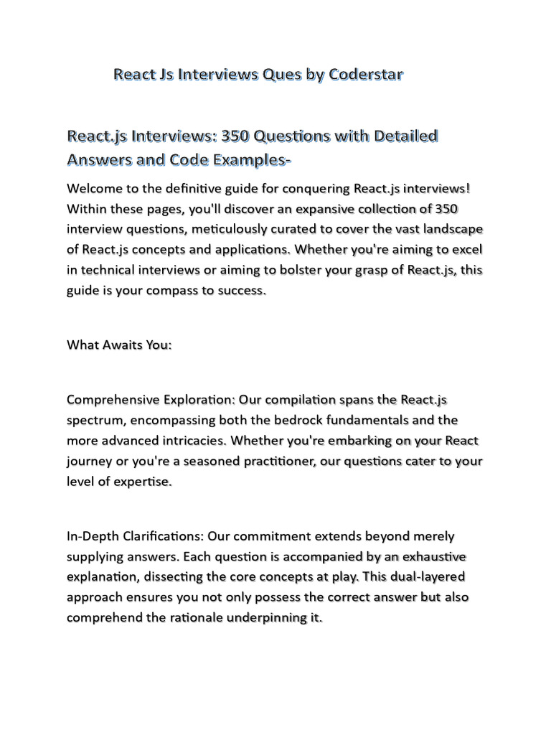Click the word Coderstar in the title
(x=365, y=74)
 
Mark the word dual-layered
(x=422, y=576)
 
